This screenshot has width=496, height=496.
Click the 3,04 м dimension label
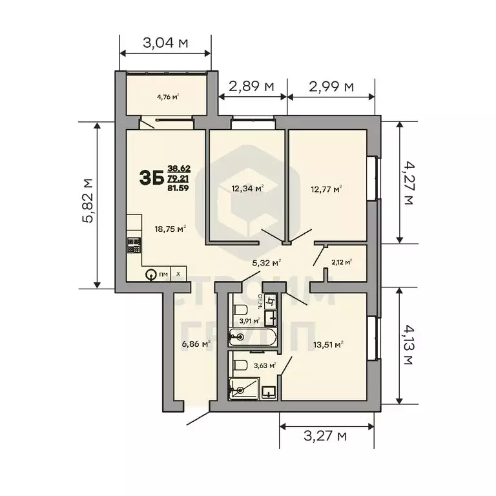coord(165,44)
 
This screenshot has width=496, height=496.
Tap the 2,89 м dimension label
coord(253,86)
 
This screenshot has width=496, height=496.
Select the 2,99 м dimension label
coord(331,86)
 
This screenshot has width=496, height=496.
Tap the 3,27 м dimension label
coord(325,436)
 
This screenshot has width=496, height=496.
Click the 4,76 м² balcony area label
coord(167,98)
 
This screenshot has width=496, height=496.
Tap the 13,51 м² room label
coord(327,344)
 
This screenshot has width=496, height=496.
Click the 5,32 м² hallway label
coord(265,262)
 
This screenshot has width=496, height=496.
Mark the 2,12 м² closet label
coord(341,262)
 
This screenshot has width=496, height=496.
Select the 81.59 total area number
coord(178,188)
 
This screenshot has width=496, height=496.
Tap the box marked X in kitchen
coord(178,274)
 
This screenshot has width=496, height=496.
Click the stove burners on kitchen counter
coord(134,245)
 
